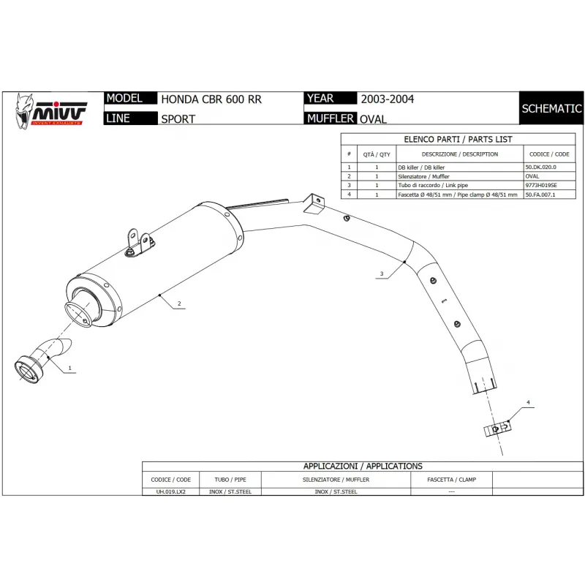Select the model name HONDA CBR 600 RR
click(x=211, y=99)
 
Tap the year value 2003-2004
click(x=387, y=99)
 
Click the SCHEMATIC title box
click(x=551, y=109)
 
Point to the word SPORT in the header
click(x=178, y=118)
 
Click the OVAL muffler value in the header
click(x=374, y=118)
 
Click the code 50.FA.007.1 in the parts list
click(x=546, y=195)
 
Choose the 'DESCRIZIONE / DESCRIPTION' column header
click(x=459, y=154)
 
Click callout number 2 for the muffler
click(x=178, y=303)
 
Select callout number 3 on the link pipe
click(x=382, y=274)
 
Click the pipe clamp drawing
click(x=496, y=429)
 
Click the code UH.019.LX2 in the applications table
click(x=170, y=492)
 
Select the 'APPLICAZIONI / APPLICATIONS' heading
click(x=363, y=466)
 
